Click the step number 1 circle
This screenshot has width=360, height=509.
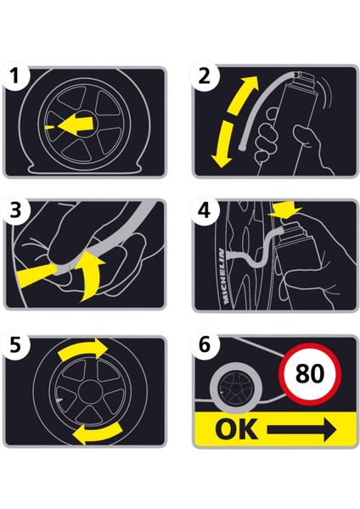(14, 76)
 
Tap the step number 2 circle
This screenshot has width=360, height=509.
(205, 76)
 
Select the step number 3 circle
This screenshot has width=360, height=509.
(14, 210)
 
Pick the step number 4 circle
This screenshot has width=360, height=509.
(205, 210)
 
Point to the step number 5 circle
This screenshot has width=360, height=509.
(14, 344)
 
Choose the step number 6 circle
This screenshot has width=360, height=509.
(205, 344)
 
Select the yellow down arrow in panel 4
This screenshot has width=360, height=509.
(285, 209)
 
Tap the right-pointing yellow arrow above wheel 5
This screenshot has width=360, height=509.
(83, 351)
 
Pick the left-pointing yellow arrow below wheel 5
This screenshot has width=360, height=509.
(98, 432)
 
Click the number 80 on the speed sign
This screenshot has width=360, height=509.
(310, 373)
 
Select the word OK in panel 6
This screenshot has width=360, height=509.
(237, 429)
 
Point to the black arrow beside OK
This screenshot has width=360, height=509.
(302, 430)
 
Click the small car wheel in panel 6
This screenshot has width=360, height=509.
(234, 388)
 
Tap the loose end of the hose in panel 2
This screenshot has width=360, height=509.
(242, 148)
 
